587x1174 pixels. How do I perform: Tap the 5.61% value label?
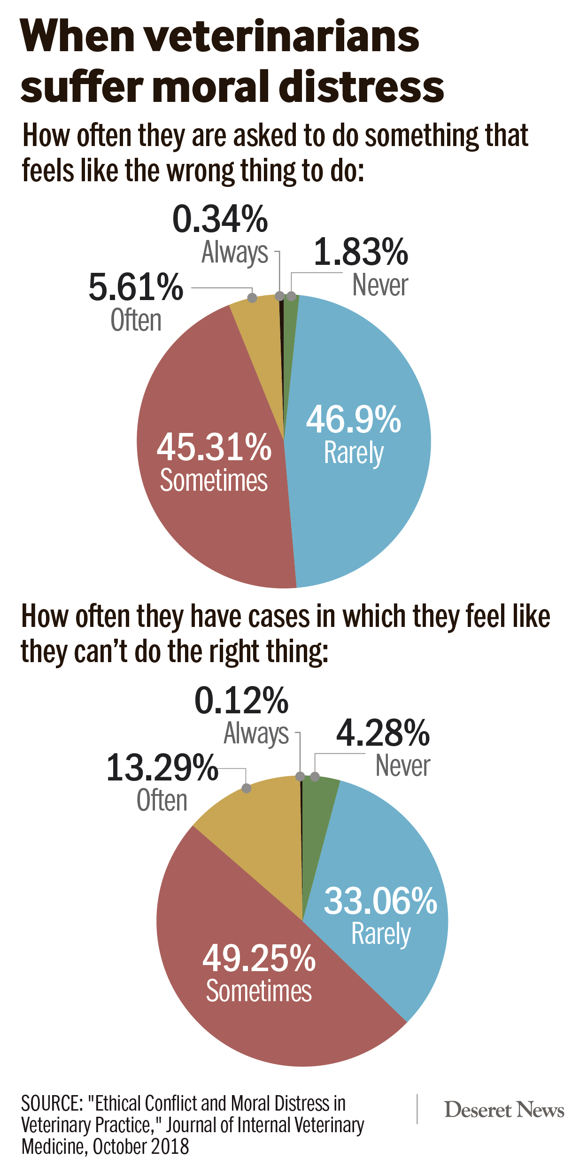[x=136, y=287]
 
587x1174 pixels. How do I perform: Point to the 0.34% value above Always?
[x=220, y=219]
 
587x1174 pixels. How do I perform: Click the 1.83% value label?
[x=361, y=252]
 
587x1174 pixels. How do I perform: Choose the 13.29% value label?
[x=162, y=768]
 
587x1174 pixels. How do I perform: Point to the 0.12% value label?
[x=241, y=701]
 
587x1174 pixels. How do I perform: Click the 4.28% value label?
[x=383, y=733]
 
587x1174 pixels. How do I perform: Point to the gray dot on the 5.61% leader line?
[x=252, y=298]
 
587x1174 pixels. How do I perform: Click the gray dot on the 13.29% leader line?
[x=246, y=788]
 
